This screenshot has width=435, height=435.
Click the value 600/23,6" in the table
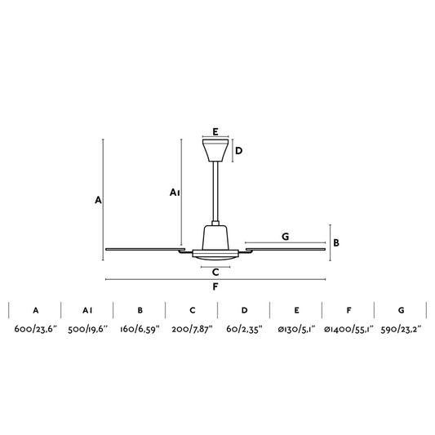[x=36, y=329]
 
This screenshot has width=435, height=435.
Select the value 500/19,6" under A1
[x=87, y=329]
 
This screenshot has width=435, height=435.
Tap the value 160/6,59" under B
[x=140, y=329]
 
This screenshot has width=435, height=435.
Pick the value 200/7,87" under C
[x=192, y=329]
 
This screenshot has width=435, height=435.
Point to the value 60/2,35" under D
[x=244, y=329]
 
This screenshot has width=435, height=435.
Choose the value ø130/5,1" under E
[x=296, y=329]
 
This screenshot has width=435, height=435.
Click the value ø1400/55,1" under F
[x=348, y=329]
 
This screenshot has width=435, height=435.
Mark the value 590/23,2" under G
[x=402, y=329]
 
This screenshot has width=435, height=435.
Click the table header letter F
[x=349, y=310]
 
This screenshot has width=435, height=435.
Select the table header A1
[x=87, y=310]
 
